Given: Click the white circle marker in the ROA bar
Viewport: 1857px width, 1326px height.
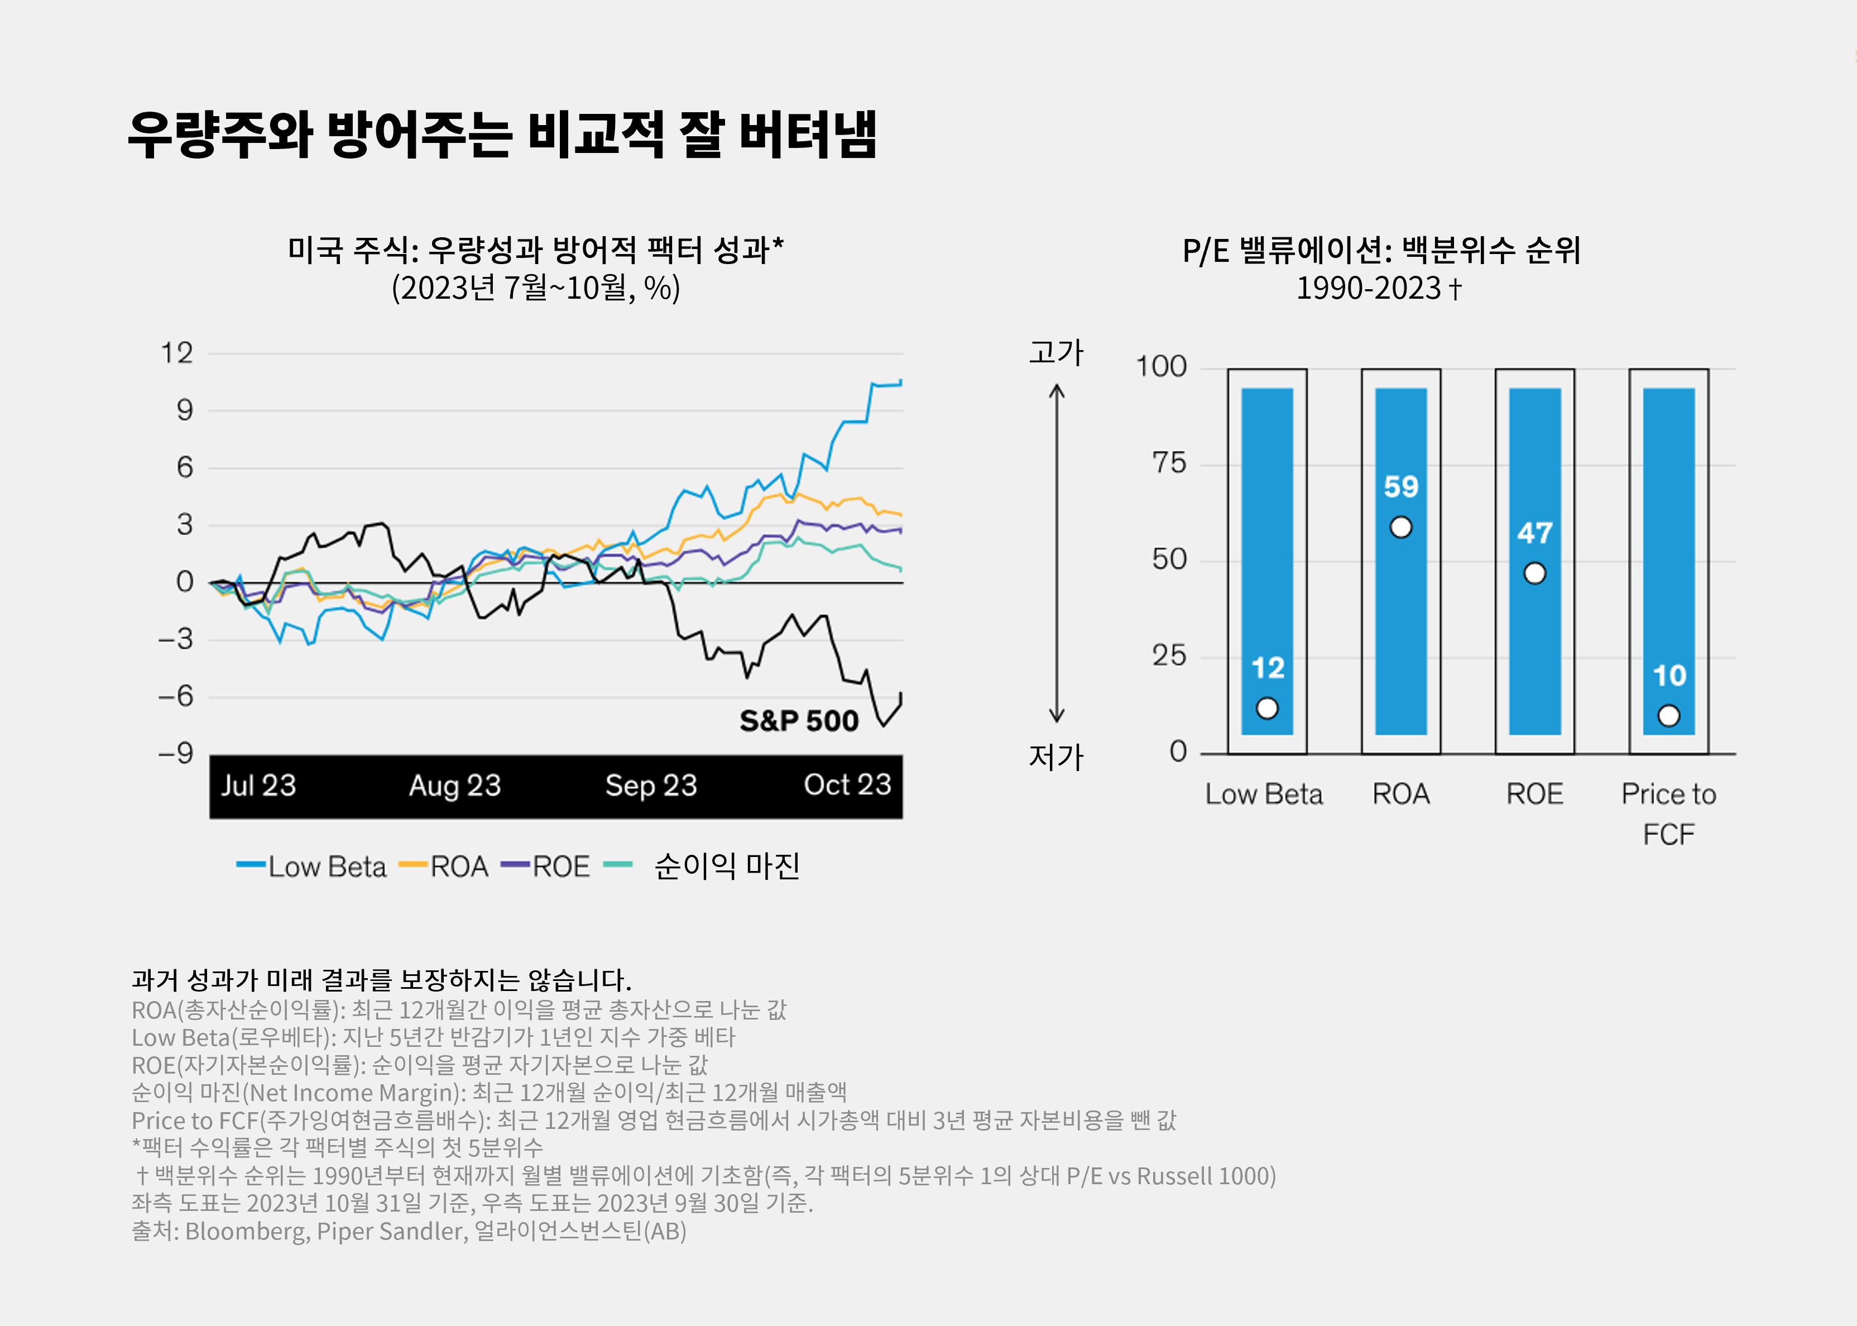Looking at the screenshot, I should click(x=1401, y=528).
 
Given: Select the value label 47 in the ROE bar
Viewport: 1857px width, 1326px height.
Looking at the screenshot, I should click(x=1534, y=533).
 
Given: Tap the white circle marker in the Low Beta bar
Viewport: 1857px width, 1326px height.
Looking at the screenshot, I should click(x=1267, y=708).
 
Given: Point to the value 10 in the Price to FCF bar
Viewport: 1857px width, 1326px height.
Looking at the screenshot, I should click(x=1669, y=675).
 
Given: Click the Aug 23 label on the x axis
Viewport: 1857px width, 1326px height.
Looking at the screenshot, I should click(x=455, y=786).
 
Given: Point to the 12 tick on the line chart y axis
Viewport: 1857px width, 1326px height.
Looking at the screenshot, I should click(x=177, y=353).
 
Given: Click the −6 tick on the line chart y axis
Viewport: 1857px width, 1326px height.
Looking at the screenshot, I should click(x=175, y=696).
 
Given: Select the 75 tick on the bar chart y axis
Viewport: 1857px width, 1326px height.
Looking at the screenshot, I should click(x=1169, y=464).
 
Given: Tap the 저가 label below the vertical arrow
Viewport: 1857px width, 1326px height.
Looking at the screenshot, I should click(x=1056, y=757).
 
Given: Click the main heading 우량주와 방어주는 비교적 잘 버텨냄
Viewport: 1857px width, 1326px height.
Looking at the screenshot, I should click(x=502, y=134).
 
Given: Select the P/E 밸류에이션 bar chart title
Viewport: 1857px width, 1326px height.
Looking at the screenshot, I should click(x=1381, y=251).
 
